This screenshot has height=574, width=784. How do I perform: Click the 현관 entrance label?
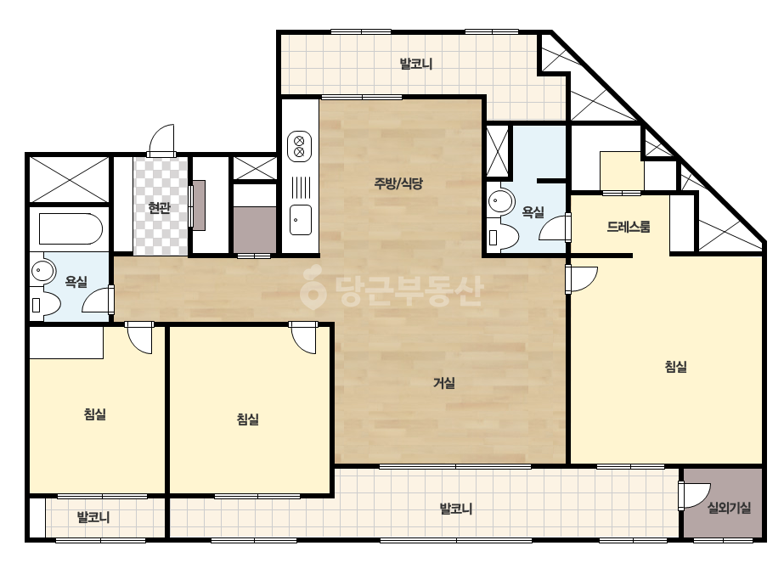coord(160,207)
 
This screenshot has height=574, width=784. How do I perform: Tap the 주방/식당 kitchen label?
coord(398,183)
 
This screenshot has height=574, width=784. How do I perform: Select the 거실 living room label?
coord(444,383)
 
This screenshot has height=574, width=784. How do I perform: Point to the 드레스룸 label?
coord(629,227)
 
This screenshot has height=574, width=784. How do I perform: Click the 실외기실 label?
coord(729,508)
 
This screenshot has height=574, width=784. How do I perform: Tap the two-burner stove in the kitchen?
coord(300,147)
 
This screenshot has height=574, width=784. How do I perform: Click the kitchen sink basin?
coord(301,220)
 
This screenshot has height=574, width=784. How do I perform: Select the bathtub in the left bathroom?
coord(71,229)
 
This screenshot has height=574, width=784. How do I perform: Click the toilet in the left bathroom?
coord(45,305)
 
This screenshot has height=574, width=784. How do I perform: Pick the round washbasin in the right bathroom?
coord(500,202)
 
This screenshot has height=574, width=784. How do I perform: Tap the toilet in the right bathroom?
coord(504,237)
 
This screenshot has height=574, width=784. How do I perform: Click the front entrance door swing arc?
coord(162,138)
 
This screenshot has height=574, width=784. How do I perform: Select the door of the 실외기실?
coord(694,496)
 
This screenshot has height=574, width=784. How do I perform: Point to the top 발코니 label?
coord(416,64)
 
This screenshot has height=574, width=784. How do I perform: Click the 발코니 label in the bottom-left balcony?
coord(93,517)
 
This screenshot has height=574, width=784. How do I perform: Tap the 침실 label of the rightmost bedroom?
coord(675,367)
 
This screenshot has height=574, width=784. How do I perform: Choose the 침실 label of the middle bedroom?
coord(247,419)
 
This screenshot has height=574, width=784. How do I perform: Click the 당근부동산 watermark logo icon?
coord(313,289)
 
